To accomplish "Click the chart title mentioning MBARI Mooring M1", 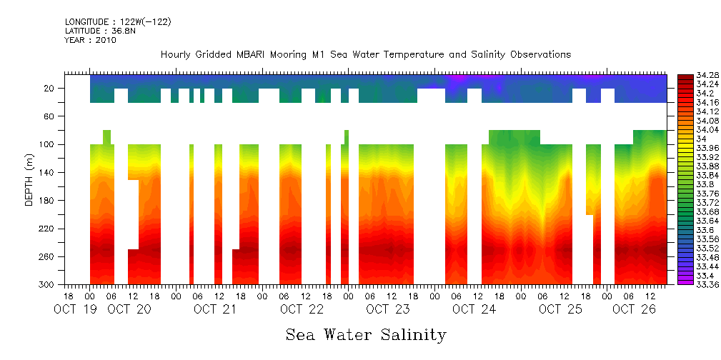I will click(365, 54).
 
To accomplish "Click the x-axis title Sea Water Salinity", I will click(366, 334).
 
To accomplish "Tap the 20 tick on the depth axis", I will click(49, 88).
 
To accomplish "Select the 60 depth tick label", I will click(49, 116).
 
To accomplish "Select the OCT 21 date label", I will click(214, 309).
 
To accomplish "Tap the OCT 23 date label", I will click(387, 309).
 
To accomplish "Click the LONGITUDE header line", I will click(118, 21).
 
